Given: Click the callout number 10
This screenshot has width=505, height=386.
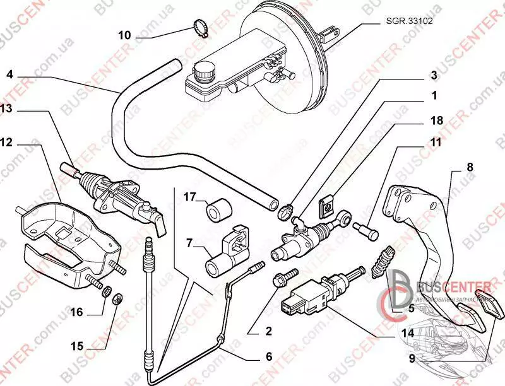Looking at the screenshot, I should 125,35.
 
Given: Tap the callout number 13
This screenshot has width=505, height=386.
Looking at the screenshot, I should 6,109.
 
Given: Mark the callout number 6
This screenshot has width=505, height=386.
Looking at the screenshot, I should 268,356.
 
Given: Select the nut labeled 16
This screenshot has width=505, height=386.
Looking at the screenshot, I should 108,293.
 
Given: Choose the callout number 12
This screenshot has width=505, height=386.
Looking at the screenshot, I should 6,143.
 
